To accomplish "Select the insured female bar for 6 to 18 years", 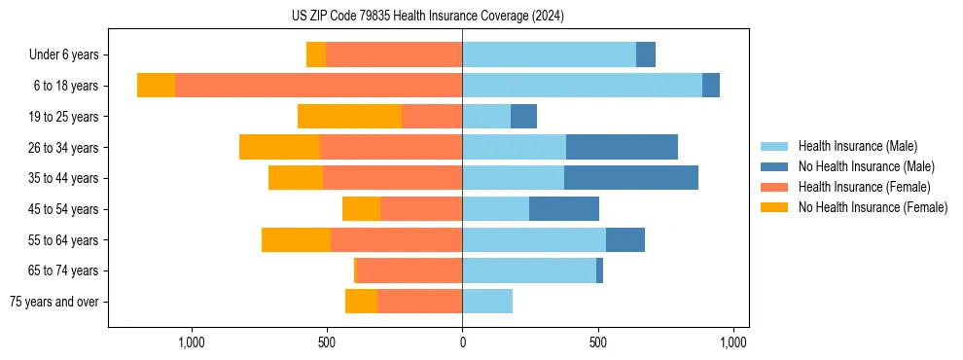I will tap(318, 86).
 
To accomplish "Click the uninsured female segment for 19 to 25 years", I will tap(349, 117).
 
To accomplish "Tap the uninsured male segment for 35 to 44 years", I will tap(630, 178).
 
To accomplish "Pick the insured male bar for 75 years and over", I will tap(487, 302).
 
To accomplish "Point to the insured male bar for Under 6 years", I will tap(549, 54).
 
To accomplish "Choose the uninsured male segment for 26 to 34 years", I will tap(622, 147).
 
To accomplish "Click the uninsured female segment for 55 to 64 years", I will tap(296, 240).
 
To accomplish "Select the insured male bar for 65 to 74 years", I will tap(529, 270).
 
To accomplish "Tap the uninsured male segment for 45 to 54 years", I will tap(564, 209).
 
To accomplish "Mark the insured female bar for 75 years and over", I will tap(419, 302).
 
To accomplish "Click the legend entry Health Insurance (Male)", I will tap(857, 146).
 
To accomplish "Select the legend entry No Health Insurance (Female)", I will tap(873, 207).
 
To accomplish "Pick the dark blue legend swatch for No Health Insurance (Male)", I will tap(774, 166).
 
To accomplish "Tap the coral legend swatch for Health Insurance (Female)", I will tap(774, 187).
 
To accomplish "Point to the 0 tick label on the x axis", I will tap(462, 342).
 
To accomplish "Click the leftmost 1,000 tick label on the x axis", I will tap(191, 342).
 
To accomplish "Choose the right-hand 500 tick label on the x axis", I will tap(598, 342).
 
